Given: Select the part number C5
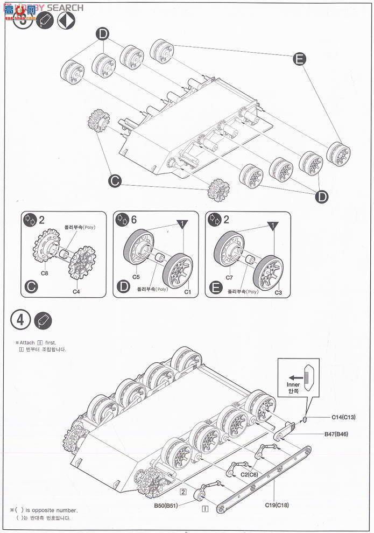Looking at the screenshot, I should coord(136,278).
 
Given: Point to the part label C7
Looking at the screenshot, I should coord(229,278).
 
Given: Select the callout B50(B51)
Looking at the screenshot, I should coord(166,506).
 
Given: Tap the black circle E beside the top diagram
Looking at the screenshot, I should coord(300,59).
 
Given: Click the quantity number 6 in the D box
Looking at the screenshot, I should coord(133,219).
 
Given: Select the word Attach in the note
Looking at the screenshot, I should coord(29,342).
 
